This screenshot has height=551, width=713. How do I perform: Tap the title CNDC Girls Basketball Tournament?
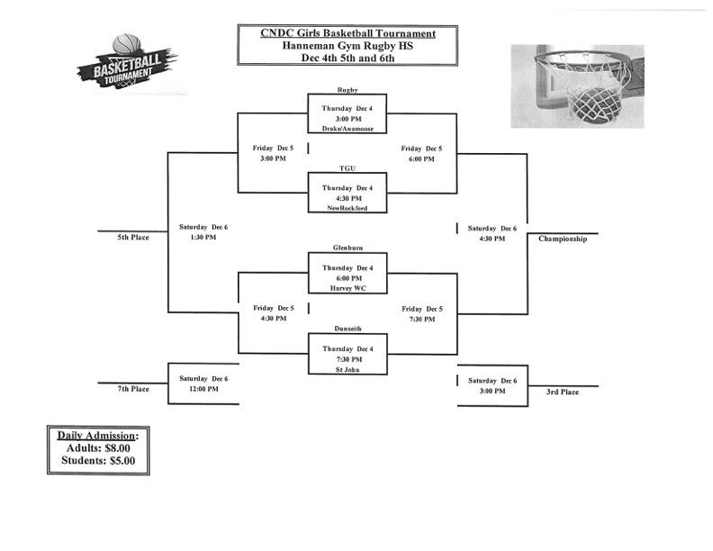pos(347,33)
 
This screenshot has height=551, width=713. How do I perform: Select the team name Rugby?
pos(347,90)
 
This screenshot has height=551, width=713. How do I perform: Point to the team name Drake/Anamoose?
pos(347,129)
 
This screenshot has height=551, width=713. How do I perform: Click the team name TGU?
pos(347,167)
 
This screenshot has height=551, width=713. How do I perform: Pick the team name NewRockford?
pos(347,208)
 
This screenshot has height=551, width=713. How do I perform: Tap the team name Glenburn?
pos(347,246)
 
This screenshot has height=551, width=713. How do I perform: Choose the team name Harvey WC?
pos(347,287)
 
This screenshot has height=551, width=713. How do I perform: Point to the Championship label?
pos(563,239)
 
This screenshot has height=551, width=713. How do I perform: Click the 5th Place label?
pos(132,238)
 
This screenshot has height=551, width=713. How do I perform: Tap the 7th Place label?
pos(132,388)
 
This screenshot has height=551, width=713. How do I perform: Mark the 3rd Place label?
pos(563,392)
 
